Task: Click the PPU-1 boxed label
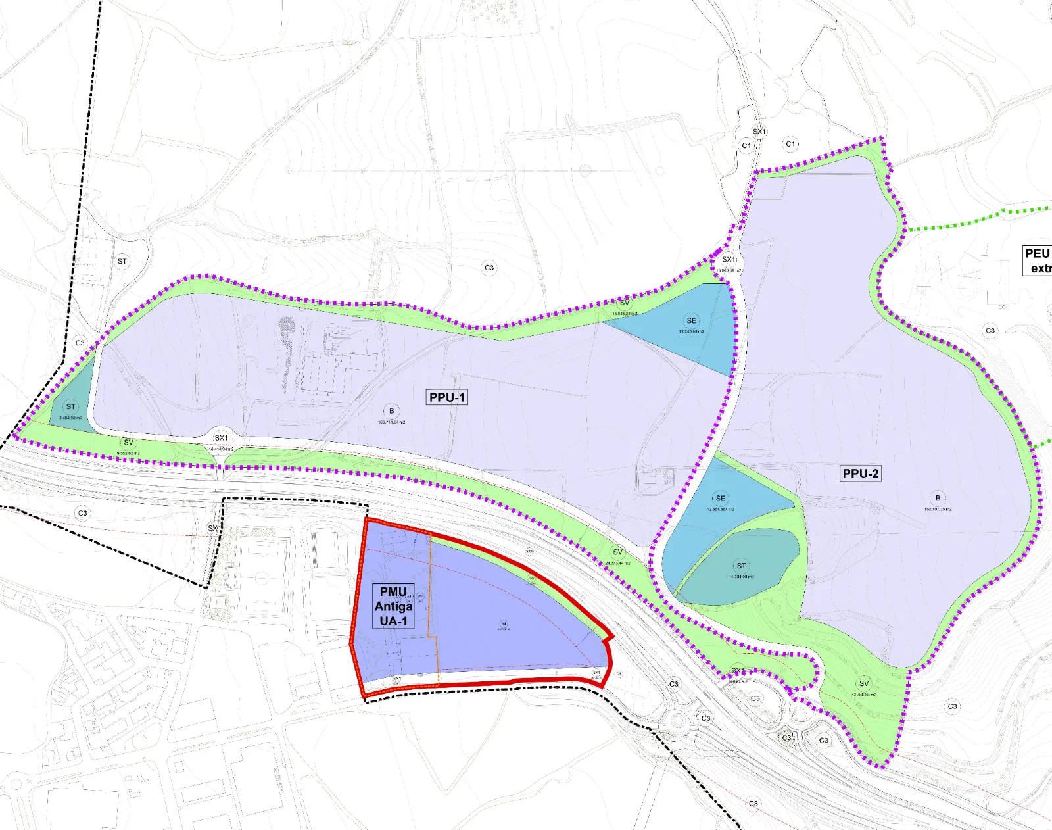(x=446, y=397)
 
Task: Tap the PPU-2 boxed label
(x=860, y=474)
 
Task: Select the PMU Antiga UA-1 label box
(x=393, y=606)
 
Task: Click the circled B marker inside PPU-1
(x=392, y=411)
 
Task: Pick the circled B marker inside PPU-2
(x=938, y=498)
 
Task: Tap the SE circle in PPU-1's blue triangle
(x=692, y=321)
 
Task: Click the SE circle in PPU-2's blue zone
(x=721, y=498)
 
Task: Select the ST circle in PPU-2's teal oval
(x=742, y=566)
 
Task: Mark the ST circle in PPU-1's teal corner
(x=70, y=407)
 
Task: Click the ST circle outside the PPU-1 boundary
(x=122, y=261)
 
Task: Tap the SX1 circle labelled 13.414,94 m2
(x=222, y=438)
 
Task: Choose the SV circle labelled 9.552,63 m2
(x=128, y=443)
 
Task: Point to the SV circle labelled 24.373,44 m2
(x=617, y=552)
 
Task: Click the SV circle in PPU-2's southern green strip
(x=864, y=684)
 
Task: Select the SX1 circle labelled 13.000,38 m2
(x=729, y=260)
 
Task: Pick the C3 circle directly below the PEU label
(x=990, y=331)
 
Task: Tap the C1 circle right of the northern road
(x=790, y=143)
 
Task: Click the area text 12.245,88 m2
(x=692, y=332)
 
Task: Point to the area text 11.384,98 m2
(x=741, y=577)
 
